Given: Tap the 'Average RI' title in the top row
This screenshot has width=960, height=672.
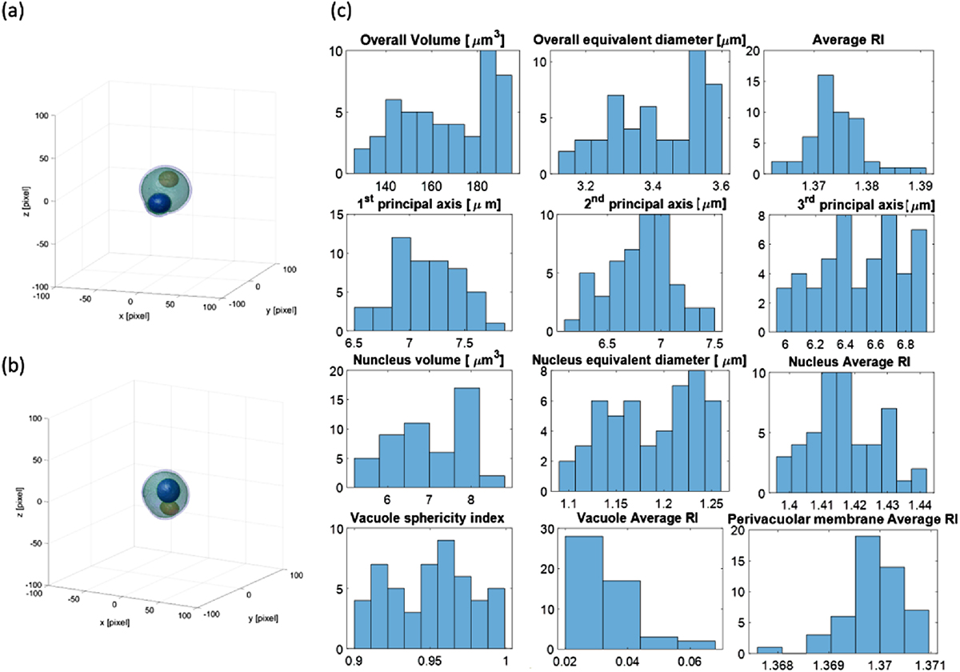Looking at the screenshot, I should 848,40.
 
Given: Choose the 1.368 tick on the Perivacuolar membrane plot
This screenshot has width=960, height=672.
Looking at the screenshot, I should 784,663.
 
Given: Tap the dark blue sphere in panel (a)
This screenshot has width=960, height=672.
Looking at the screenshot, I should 162,204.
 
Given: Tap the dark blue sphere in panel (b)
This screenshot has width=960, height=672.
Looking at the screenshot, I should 167,490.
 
